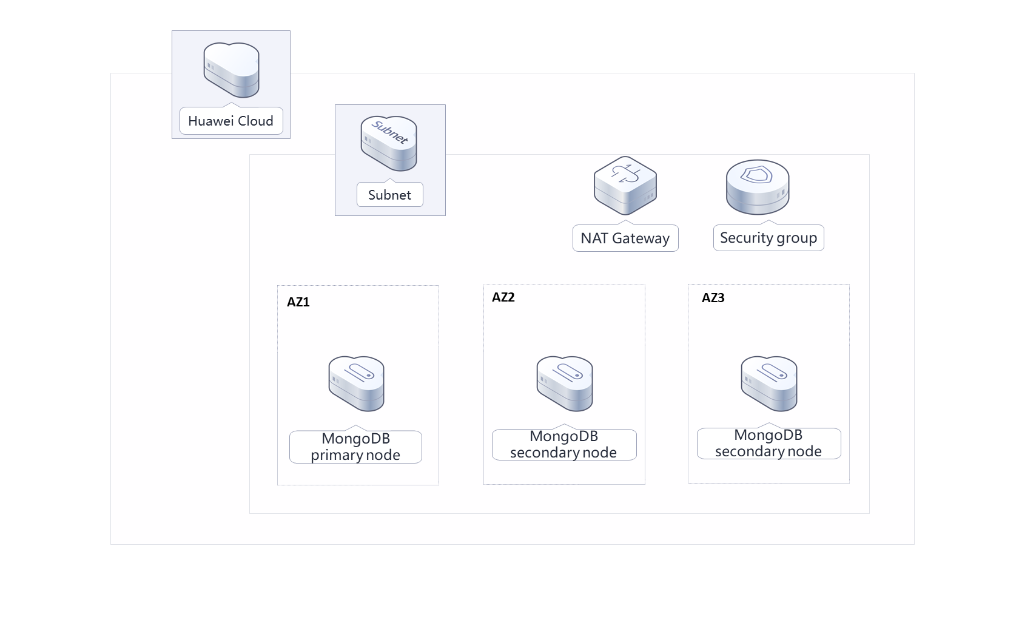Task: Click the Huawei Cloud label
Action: click(x=230, y=121)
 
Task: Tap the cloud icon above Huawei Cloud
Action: click(x=231, y=70)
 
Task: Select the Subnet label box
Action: click(x=389, y=195)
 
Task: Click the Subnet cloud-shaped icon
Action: click(x=389, y=144)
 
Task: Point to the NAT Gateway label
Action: click(x=625, y=238)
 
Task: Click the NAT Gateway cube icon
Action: click(x=625, y=186)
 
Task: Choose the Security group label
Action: click(x=768, y=238)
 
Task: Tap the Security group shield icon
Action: click(x=758, y=187)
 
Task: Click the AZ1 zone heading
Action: click(x=298, y=302)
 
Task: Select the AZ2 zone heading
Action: click(x=503, y=297)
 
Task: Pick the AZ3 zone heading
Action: click(x=713, y=298)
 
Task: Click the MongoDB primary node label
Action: click(x=355, y=447)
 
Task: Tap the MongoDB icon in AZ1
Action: click(x=356, y=383)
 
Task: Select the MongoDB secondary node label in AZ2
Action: click(x=563, y=445)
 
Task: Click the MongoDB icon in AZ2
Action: click(x=564, y=383)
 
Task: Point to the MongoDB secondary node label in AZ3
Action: click(x=768, y=444)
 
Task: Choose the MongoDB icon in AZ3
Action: click(x=768, y=383)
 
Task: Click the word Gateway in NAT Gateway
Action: click(x=641, y=238)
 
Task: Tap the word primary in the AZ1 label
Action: click(x=336, y=456)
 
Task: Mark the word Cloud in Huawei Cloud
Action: click(x=255, y=121)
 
